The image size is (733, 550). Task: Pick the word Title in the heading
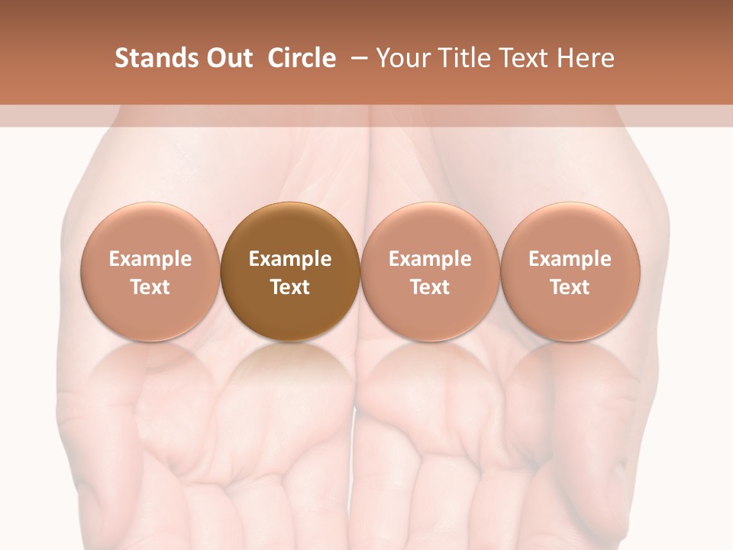click(x=467, y=58)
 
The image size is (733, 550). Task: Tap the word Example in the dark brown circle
click(x=290, y=259)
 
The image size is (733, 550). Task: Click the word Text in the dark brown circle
click(x=290, y=287)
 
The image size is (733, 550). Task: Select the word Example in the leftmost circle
click(x=150, y=259)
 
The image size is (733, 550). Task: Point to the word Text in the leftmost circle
click(x=150, y=287)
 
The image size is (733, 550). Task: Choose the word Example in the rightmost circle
click(x=570, y=259)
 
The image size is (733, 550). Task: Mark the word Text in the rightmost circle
click(x=570, y=287)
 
